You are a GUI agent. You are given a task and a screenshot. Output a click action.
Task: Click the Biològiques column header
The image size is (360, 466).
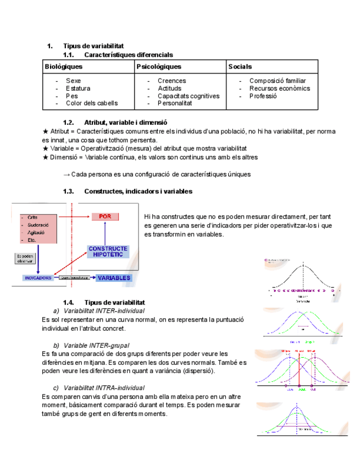coord(64,66)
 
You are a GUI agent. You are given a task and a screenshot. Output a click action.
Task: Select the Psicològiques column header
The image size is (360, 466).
coord(159,66)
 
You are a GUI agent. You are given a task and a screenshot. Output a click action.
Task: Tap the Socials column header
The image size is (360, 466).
coord(240,66)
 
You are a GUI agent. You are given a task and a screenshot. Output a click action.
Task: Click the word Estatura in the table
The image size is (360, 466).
coord(78,88)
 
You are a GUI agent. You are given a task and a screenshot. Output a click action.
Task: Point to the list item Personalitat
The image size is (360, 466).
coord(175,103)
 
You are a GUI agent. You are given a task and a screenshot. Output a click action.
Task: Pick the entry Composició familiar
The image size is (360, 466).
coord(278,81)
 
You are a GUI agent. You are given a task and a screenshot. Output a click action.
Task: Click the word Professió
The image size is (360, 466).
coord(263,96)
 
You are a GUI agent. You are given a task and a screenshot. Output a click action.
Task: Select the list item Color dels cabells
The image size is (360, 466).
coord(92,103)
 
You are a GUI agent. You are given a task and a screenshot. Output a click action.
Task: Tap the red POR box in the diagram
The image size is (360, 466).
coord(105,217)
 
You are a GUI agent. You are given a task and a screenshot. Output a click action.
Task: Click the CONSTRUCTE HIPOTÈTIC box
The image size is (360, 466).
coord(108,252)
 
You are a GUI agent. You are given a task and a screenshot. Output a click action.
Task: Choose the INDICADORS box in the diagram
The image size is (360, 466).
coord(38,278)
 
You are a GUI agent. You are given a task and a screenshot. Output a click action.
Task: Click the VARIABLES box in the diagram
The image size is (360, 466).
coord(114,278)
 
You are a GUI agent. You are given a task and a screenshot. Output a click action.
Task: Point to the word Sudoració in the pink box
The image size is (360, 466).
coord(39,225)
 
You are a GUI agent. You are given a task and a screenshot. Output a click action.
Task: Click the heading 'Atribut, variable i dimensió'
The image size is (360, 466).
coord(126,123)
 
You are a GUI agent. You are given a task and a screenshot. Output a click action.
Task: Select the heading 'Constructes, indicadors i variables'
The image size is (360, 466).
coord(139,191)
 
